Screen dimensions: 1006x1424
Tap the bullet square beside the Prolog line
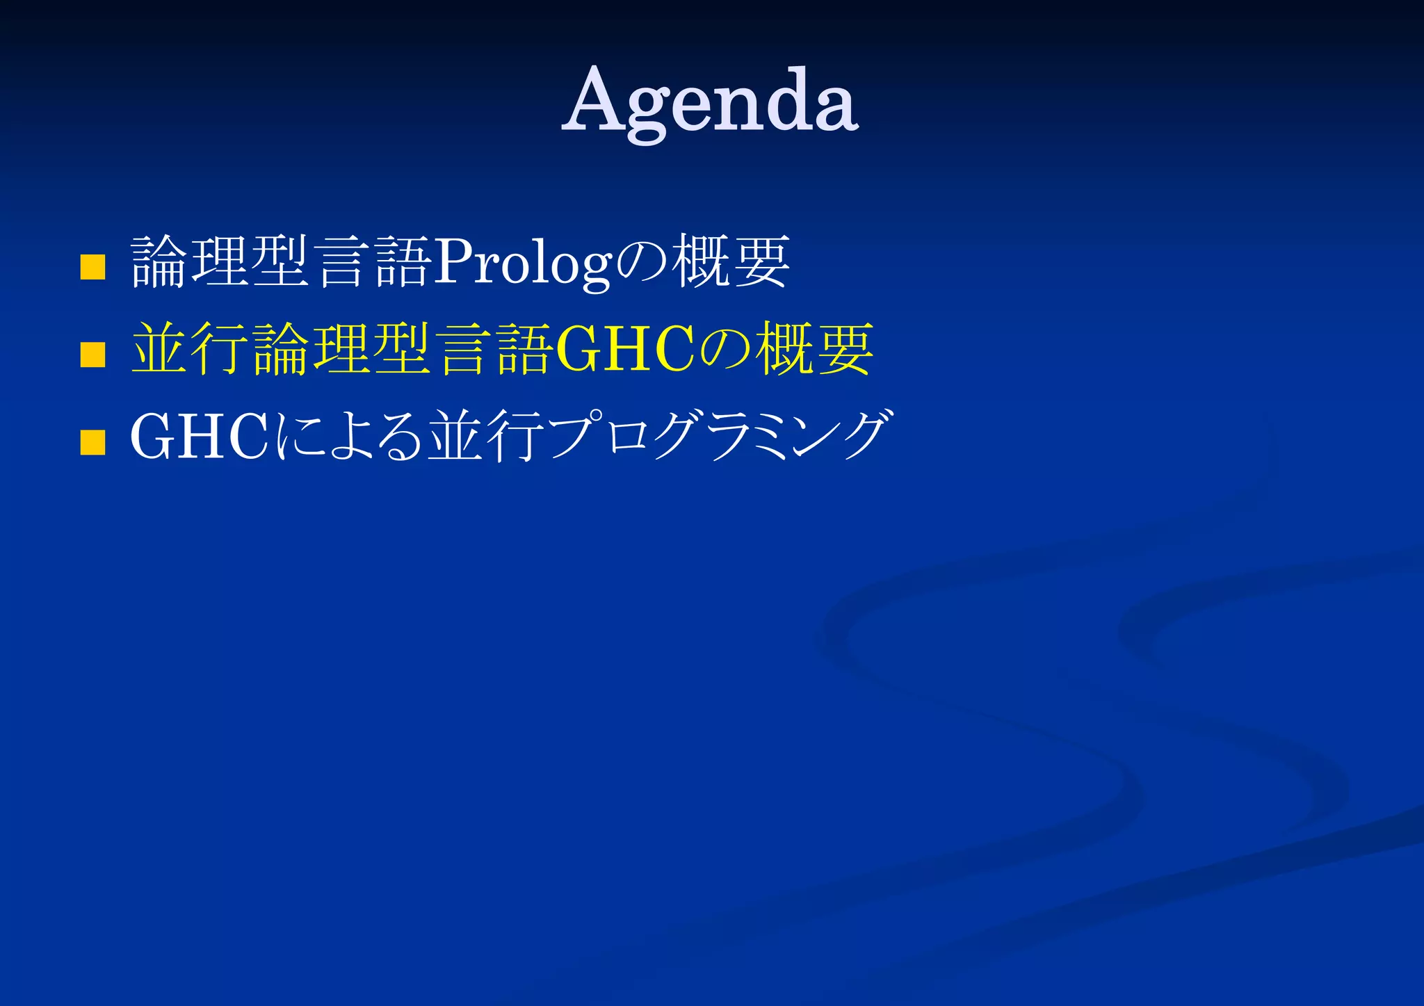click(x=92, y=266)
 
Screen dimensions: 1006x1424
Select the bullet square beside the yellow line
click(x=92, y=354)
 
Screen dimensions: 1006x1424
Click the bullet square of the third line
click(x=92, y=442)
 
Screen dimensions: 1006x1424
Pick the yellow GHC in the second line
click(x=625, y=350)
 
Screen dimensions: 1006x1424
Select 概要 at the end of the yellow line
click(x=814, y=349)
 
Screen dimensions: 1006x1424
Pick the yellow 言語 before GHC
click(x=494, y=349)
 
